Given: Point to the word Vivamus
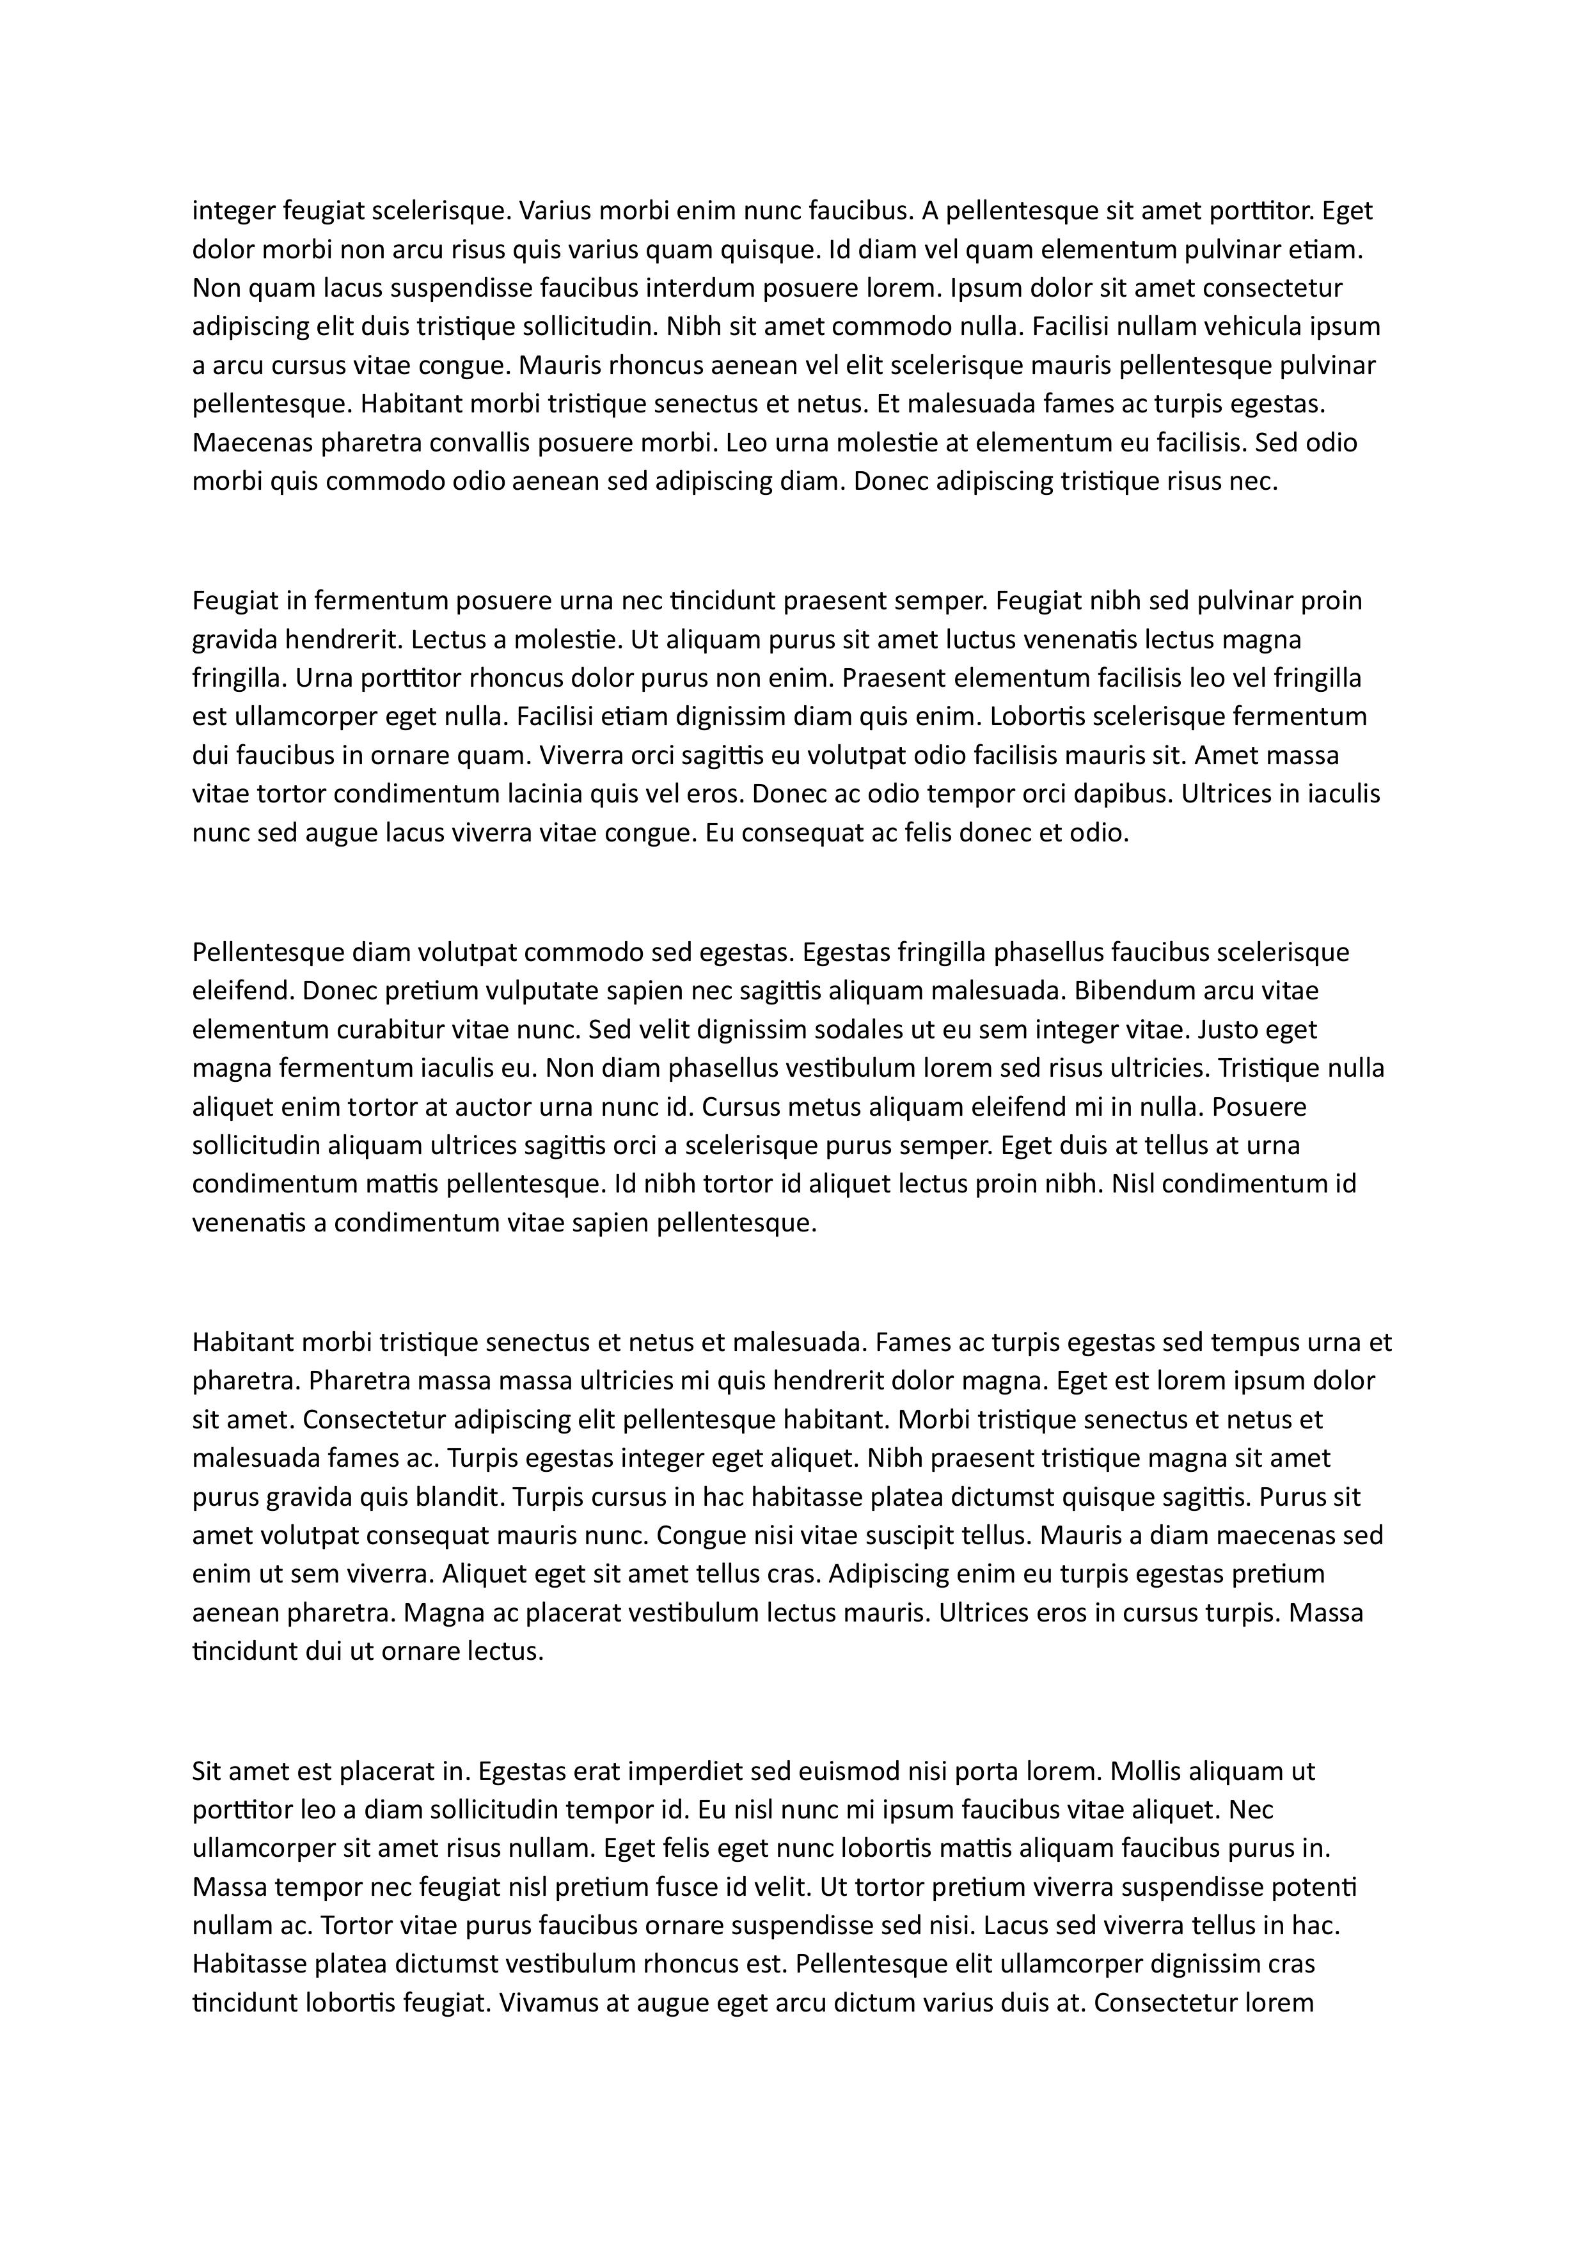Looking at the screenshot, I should tap(548, 2004).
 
